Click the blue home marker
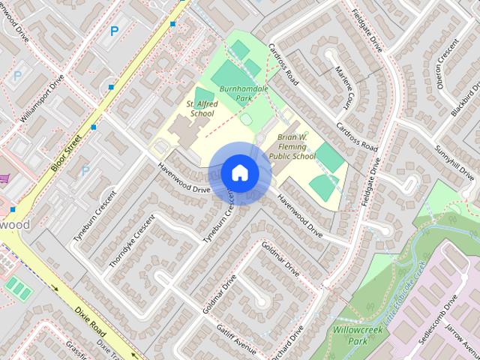pos(239,173)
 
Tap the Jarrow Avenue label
pos(462,330)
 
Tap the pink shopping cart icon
pos(4,178)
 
